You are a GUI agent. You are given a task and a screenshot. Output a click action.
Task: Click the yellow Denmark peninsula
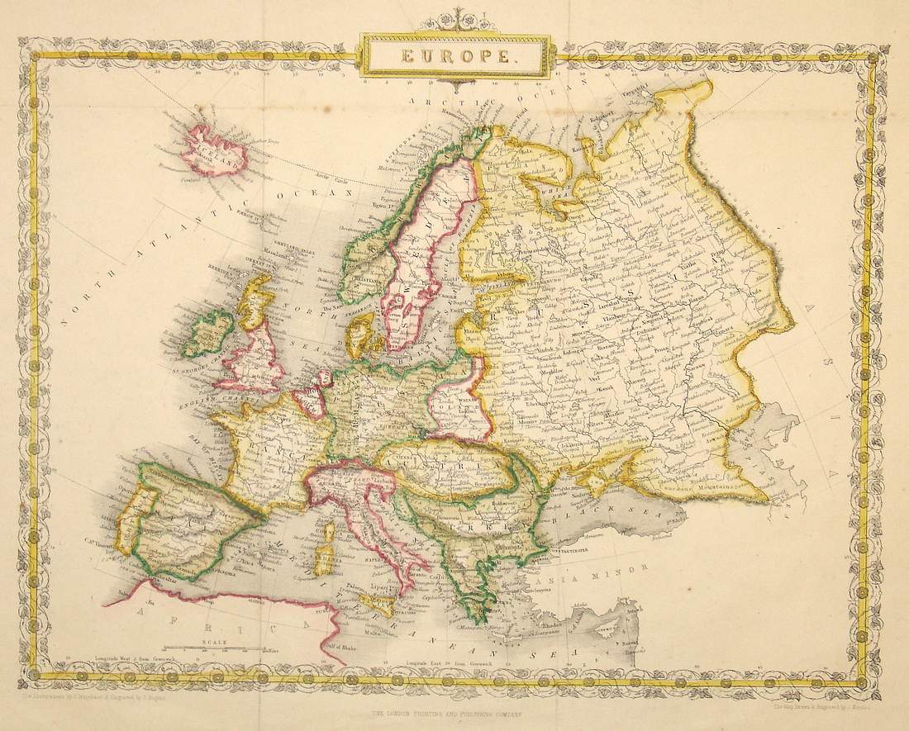tap(362, 332)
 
